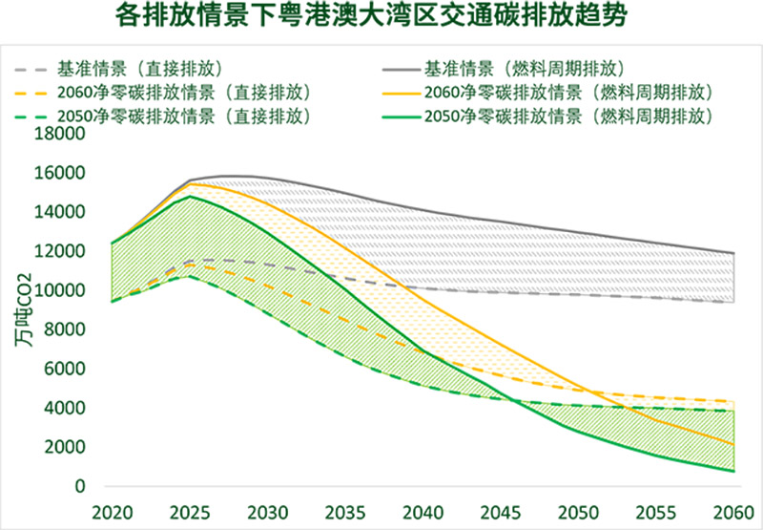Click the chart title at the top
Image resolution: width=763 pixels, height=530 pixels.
[382, 17]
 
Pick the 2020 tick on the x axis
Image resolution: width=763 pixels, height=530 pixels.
[112, 510]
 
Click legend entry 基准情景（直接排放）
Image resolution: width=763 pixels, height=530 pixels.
[139, 70]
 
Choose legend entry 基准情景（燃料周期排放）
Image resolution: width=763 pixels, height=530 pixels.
[524, 70]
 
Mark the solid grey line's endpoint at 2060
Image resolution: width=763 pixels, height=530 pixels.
[733, 253]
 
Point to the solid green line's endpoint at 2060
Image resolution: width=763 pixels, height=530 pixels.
[733, 471]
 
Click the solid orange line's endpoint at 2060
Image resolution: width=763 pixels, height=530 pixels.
[733, 445]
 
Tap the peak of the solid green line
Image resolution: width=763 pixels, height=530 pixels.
[191, 197]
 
